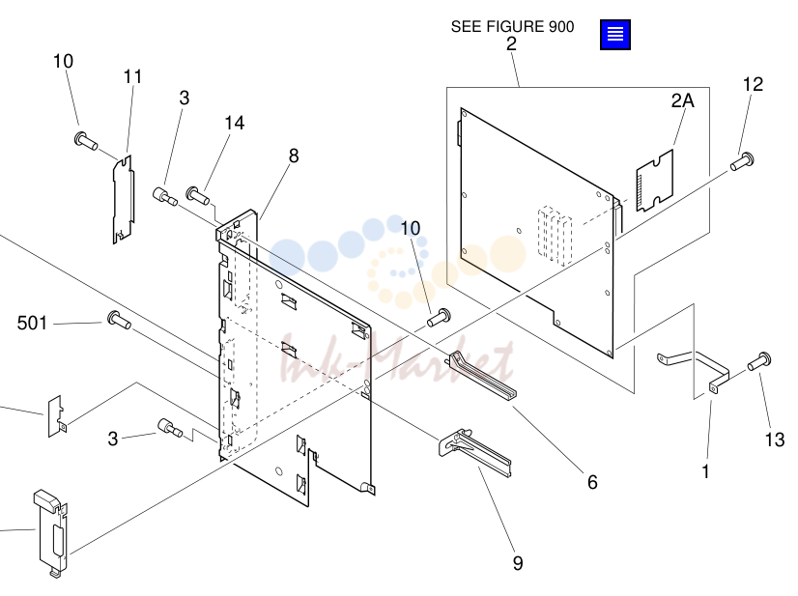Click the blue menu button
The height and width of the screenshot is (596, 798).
pos(614,35)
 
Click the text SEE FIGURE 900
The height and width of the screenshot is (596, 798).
pos(512,26)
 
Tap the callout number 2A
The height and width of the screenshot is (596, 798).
pos(682,100)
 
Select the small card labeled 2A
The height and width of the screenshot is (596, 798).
pos(654,181)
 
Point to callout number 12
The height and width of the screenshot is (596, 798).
pos(753,84)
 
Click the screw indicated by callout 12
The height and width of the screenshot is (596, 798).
pos(742,161)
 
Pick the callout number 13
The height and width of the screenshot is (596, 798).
pos(775,440)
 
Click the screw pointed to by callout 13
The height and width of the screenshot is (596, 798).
pos(759,361)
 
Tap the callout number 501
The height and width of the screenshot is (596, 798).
pos(32,323)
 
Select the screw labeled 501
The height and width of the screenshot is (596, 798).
pos(120,320)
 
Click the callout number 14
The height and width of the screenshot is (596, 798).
pos(235,123)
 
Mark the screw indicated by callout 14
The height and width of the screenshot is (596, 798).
pos(197,195)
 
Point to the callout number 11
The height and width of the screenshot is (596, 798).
pos(132,76)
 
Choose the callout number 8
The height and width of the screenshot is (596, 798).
pos(294,156)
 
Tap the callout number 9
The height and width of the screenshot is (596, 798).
pos(518,563)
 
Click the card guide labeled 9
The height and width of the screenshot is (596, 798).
pos(474,451)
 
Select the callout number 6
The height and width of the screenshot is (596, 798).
pos(592,482)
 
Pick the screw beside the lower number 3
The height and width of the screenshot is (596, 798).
pos(170,427)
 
